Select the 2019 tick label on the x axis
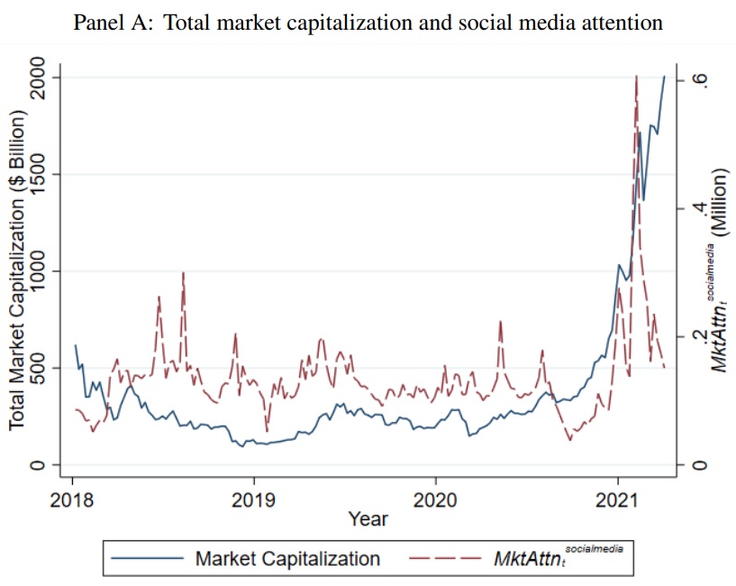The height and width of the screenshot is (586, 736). (x=253, y=499)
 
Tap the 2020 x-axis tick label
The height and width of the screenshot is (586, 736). (x=436, y=499)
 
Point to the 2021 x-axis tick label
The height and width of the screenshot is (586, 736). (x=618, y=499)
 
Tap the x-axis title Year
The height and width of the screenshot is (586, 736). (x=368, y=519)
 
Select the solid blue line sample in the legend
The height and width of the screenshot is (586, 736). (x=145, y=559)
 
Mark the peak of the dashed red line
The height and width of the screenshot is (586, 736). (x=636, y=78)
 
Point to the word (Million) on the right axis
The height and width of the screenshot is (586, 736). (x=721, y=200)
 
